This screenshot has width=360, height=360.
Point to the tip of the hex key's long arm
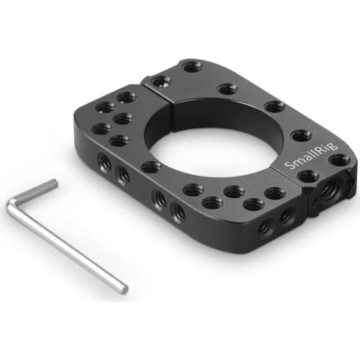[125, 289]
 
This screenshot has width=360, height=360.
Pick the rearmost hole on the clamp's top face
[192, 67]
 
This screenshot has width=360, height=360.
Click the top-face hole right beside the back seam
[159, 81]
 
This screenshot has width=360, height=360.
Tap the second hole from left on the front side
[123, 174]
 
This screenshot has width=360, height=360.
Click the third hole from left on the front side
[158, 199]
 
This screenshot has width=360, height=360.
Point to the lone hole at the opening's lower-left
[151, 167]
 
